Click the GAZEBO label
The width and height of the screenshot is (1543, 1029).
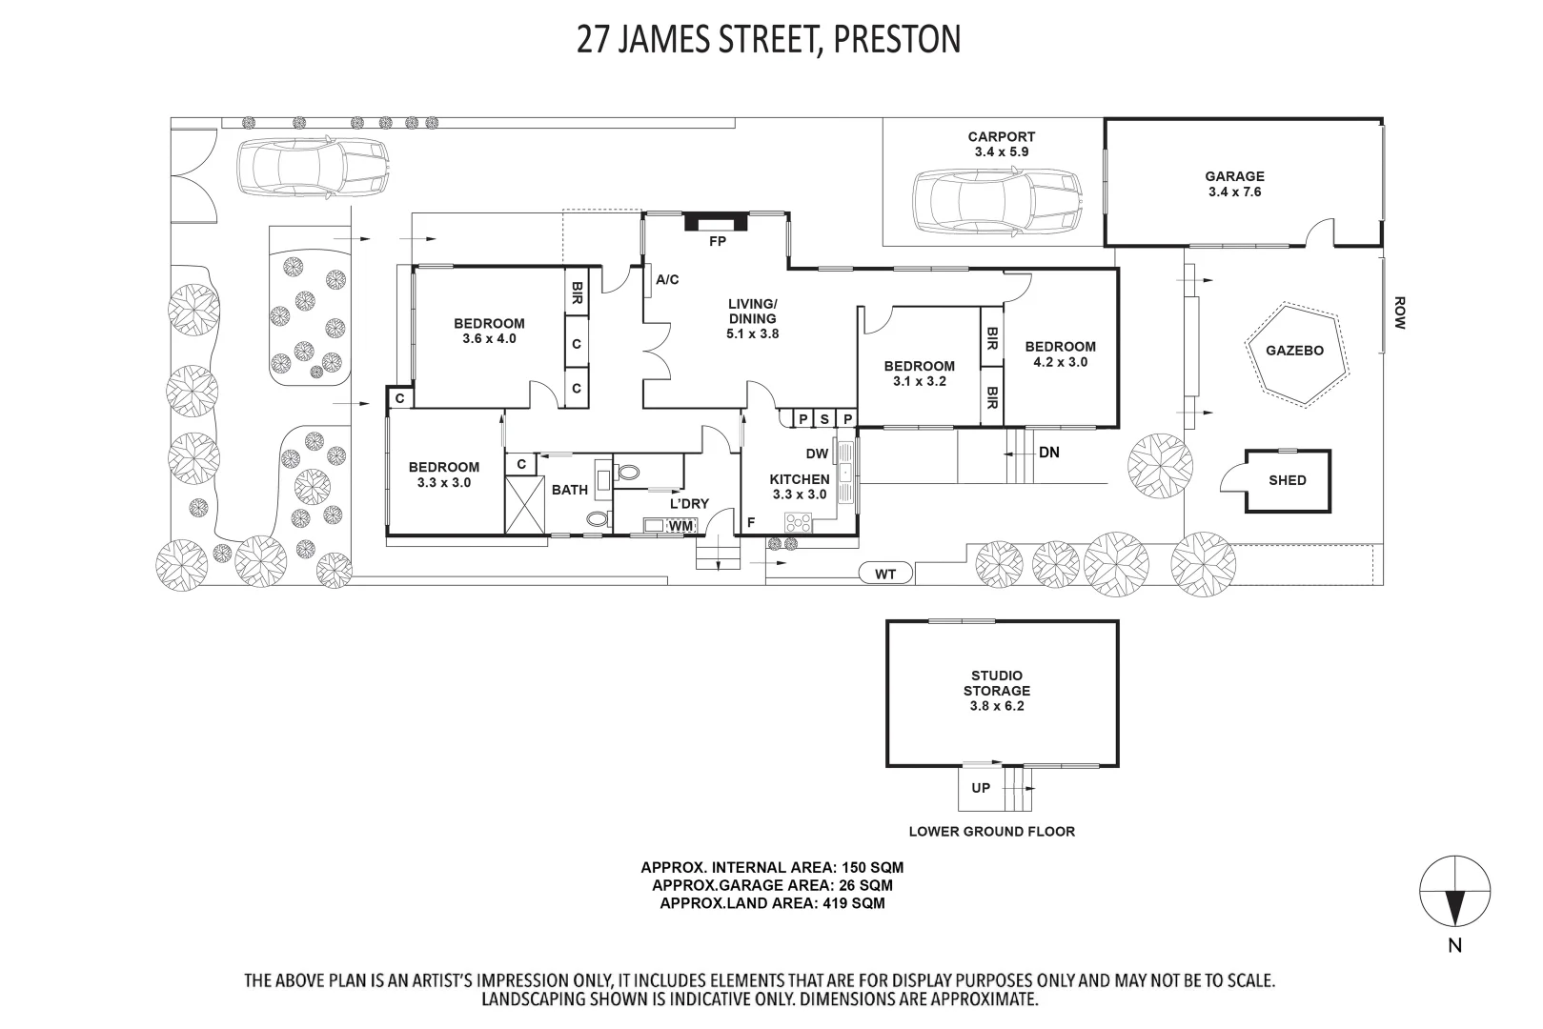[x=1294, y=351]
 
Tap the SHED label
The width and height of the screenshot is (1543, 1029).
[x=1288, y=481]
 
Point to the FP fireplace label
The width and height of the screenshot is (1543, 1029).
[x=717, y=242]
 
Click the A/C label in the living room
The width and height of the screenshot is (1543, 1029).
[x=667, y=279]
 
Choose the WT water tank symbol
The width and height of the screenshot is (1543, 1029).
[x=885, y=573]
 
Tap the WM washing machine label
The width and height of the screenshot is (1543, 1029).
[x=680, y=526]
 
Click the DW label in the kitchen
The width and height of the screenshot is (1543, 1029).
[x=817, y=454]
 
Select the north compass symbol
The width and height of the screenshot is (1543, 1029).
[x=1454, y=892]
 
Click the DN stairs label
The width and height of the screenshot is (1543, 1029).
[x=1049, y=453]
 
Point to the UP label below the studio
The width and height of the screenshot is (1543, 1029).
[x=981, y=788]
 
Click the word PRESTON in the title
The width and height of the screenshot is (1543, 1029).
[x=897, y=39]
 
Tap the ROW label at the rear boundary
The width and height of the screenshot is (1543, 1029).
[x=1400, y=313]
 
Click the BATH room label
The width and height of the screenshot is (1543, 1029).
[x=570, y=491]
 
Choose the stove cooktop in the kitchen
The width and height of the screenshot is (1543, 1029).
[x=799, y=523]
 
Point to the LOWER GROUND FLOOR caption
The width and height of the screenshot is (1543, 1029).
[x=992, y=832]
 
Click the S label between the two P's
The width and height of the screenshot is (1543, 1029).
[x=824, y=419]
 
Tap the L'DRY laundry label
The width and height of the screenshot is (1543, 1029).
[x=689, y=504]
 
